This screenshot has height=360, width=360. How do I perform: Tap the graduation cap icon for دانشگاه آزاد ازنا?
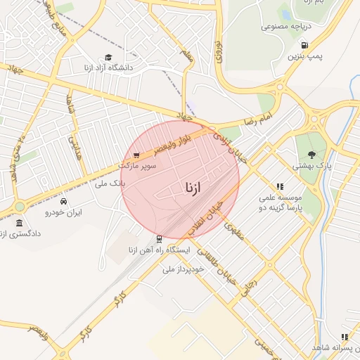point(108,58)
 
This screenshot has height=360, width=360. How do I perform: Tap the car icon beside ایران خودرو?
point(64,201)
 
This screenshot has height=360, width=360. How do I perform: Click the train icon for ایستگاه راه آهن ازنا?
point(159,239)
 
